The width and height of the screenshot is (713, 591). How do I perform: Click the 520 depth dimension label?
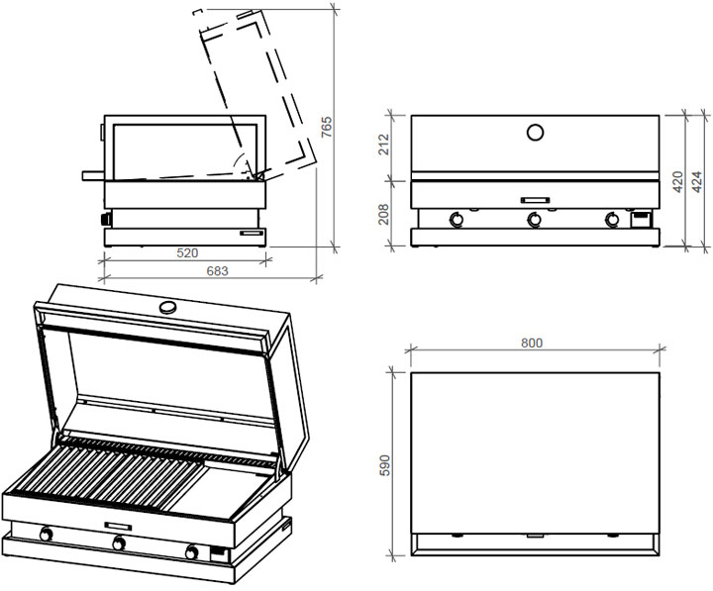(185, 253)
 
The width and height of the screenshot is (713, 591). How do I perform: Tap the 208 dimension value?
(383, 215)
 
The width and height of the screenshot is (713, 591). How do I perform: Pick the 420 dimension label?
(677, 181)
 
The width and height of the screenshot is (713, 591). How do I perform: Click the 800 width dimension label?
(532, 344)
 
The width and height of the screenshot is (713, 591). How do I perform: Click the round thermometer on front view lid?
(535, 132)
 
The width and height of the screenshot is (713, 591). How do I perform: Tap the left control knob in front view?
(458, 220)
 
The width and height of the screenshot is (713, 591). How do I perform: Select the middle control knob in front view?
(535, 220)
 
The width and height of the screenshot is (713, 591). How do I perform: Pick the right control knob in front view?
(612, 220)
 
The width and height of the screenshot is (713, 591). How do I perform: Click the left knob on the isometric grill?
(46, 536)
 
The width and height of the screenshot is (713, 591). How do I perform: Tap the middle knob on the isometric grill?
(119, 542)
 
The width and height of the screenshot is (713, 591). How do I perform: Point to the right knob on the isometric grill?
(191, 550)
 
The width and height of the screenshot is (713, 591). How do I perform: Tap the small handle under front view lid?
(535, 198)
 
